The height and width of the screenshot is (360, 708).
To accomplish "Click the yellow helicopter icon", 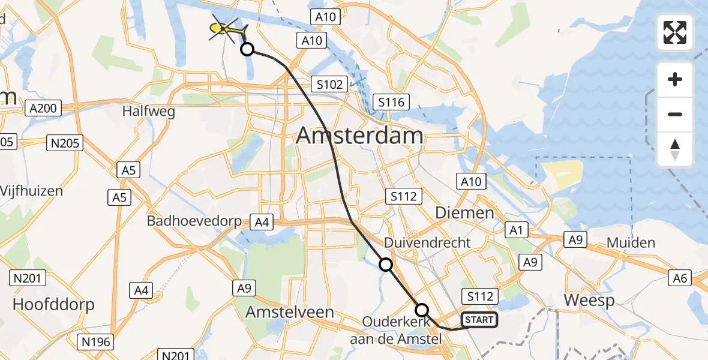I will pos(226,28).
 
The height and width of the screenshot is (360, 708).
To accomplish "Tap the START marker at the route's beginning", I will pos(479,320).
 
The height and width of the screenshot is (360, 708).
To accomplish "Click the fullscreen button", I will pos(675,32).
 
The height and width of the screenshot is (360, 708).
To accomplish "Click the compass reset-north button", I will pos(675,149).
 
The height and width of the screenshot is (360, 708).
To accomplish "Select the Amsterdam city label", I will pos(359,136).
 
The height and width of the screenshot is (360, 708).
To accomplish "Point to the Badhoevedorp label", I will pos(194,221).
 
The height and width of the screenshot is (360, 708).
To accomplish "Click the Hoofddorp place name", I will pos(53,304).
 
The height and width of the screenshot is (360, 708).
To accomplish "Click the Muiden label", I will pos(631,243).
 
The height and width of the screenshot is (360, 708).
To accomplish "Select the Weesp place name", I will pos(590,300).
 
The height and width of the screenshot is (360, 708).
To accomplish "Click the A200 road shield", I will pos(44,109).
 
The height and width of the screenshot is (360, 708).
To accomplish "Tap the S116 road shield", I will pos(391,102).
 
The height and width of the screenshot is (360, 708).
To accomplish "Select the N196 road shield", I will pos(95,342).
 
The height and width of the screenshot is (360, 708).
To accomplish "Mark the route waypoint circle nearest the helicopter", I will pos(247,49).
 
